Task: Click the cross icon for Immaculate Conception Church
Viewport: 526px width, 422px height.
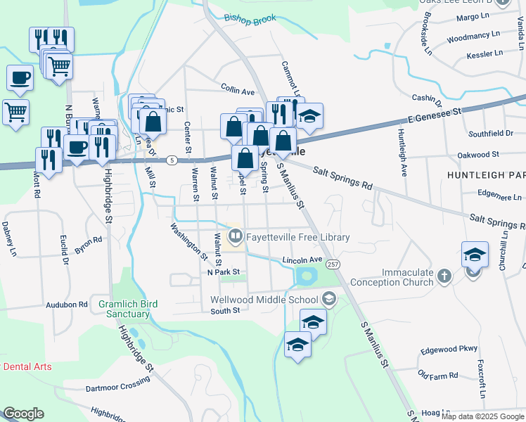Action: click(444, 276)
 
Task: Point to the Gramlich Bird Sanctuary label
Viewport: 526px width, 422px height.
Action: click(128, 309)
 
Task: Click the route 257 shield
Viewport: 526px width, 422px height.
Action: click(333, 264)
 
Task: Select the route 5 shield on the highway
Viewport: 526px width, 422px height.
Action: click(172, 160)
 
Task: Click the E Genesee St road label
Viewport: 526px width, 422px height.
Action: click(435, 111)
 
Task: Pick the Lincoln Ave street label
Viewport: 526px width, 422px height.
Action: click(302, 260)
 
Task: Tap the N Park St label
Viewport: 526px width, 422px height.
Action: click(224, 271)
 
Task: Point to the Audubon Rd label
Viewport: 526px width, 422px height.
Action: click(66, 305)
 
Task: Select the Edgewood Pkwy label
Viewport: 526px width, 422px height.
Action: click(449, 349)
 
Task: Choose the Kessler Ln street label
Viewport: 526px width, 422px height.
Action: click(485, 53)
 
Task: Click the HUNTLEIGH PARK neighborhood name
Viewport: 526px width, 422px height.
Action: click(486, 173)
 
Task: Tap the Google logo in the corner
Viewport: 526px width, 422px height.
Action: click(23, 414)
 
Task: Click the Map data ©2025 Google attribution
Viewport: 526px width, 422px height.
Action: click(482, 416)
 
